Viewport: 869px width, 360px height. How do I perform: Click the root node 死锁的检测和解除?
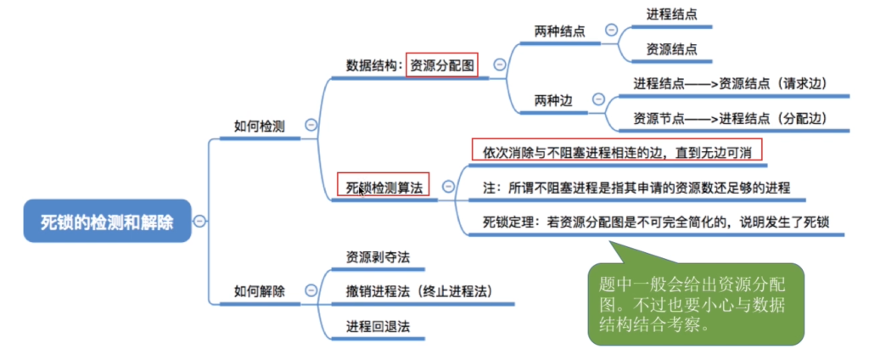[107, 222]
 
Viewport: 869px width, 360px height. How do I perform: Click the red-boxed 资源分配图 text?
[441, 65]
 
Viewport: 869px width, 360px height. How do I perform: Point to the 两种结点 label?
[560, 31]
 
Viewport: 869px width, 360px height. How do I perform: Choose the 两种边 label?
[553, 100]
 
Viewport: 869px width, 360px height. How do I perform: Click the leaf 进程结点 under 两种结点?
[672, 15]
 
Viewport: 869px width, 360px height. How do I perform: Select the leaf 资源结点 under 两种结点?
[672, 49]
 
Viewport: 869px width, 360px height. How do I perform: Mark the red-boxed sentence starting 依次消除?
[617, 151]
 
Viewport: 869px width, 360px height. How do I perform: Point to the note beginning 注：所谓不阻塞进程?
[636, 188]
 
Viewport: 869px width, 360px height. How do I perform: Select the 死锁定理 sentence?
[656, 222]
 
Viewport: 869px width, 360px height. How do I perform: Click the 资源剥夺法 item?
[378, 256]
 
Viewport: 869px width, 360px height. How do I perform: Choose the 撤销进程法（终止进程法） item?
[419, 290]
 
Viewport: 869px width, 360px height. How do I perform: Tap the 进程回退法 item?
[378, 326]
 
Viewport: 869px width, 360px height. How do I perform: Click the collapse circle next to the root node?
[199, 222]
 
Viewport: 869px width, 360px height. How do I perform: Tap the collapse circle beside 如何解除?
[311, 290]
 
